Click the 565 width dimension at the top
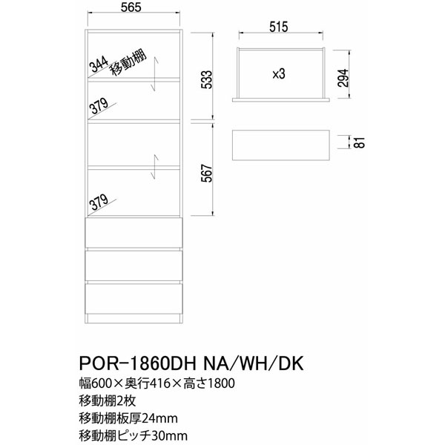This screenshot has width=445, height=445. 131,7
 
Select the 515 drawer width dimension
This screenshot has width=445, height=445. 279,27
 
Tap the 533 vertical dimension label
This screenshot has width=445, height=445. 207,79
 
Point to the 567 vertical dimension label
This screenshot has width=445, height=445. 207,173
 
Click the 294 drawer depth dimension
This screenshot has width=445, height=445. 343,78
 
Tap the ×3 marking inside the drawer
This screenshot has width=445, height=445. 278,74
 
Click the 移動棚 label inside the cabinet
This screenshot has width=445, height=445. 128,63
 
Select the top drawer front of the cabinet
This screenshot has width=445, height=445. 133,232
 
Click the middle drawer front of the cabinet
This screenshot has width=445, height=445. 133,265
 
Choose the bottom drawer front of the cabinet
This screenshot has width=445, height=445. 133,298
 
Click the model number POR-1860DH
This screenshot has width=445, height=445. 138,363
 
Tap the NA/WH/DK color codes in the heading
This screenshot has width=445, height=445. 254,363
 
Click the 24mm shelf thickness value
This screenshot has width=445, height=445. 159,418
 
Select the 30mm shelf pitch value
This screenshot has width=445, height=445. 169,436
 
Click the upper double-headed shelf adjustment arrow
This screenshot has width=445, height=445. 154,73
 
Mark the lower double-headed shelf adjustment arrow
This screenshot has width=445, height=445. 154,167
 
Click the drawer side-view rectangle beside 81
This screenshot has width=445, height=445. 281,145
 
